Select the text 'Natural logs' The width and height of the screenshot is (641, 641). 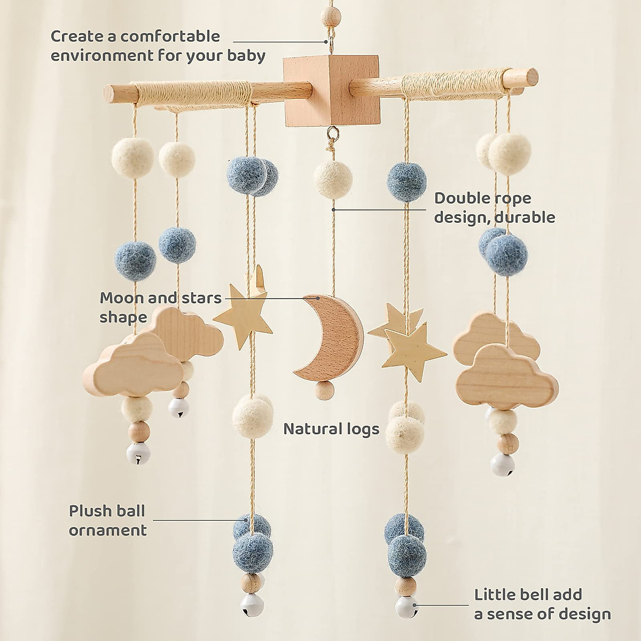click(x=331, y=428)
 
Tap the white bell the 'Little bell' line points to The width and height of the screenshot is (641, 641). click(x=405, y=606)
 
